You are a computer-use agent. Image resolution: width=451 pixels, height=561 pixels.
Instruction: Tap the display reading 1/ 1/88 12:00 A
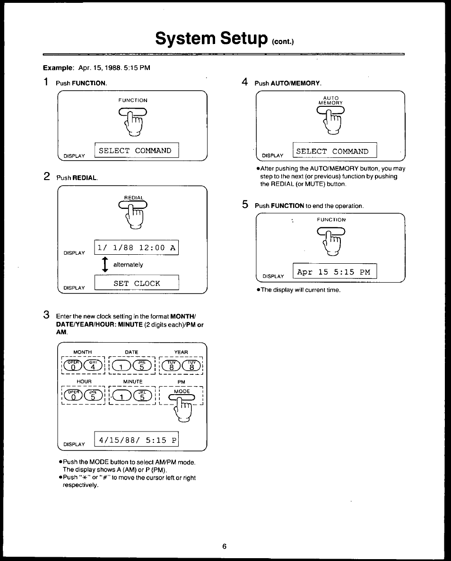tap(136, 248)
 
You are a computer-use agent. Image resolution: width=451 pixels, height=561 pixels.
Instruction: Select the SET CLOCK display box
tap(136, 283)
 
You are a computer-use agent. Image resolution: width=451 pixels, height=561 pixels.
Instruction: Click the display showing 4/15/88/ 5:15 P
tap(136, 440)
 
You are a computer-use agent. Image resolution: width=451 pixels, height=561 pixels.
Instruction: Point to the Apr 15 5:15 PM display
tap(334, 272)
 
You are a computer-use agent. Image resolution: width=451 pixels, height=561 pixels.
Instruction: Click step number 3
tap(46, 315)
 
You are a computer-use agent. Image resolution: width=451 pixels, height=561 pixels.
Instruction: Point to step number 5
tap(244, 205)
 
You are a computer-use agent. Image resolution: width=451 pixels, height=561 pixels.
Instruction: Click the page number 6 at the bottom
tap(225, 546)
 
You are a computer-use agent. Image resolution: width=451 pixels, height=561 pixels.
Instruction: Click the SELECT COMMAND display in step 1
tap(136, 151)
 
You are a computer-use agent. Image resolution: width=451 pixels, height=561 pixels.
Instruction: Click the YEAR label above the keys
tap(181, 352)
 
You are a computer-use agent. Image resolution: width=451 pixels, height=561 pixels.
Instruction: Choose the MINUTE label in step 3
tap(133, 381)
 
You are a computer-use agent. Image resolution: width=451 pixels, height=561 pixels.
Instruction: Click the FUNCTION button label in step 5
tap(331, 220)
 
